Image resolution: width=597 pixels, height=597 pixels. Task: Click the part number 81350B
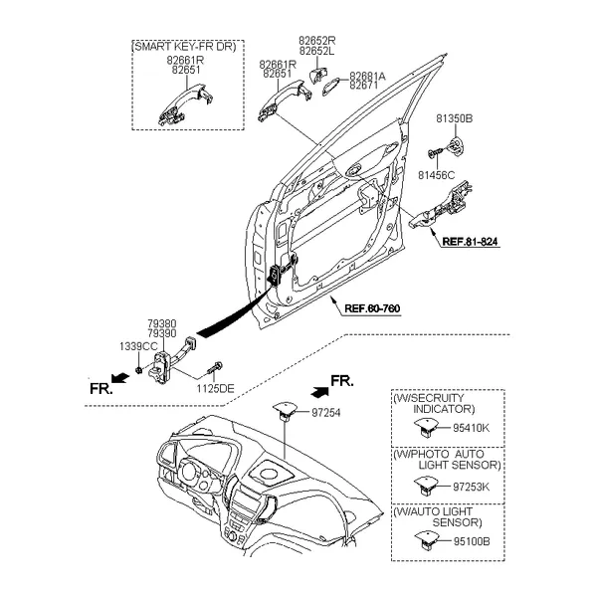pos(454,118)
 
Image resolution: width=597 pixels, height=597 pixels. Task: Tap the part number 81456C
pos(436,175)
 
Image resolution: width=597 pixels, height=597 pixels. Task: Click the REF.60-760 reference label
pos(372,309)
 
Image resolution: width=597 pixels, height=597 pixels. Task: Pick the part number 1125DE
pos(216,388)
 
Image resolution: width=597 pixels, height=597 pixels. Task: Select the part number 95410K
pos(472,428)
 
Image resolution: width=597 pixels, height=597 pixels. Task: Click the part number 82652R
pos(316,41)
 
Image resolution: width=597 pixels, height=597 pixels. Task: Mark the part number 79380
pos(161,323)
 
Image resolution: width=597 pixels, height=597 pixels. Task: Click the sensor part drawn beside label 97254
pos(285,410)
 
